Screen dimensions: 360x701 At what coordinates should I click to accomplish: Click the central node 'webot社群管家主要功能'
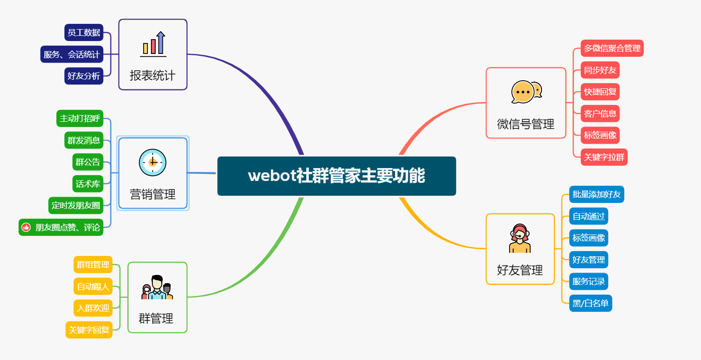pos(336,176)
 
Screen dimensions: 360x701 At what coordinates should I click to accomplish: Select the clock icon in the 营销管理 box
pos(153,162)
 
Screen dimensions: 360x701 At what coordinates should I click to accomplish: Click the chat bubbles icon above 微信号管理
pos(526,92)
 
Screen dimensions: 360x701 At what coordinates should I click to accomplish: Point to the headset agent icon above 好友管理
pos(520,238)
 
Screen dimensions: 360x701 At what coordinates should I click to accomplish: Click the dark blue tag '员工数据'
pos(84,32)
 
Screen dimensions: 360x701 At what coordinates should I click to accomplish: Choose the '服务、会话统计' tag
pos(72,54)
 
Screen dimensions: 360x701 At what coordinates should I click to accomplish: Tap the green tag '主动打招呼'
pos(80,118)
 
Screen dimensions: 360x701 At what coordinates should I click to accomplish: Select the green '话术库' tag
pos(88,183)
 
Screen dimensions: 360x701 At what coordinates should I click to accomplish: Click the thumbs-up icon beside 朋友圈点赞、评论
pos(26,227)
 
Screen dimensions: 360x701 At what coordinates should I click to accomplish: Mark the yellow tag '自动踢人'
pos(93,286)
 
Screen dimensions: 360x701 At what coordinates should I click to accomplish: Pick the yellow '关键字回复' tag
pos(89,330)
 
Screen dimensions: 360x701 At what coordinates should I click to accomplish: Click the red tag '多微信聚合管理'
pos(612,48)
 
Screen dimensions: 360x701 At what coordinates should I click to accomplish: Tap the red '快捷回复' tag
pos(600,92)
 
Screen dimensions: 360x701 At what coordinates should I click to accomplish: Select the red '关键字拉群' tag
pos(604,157)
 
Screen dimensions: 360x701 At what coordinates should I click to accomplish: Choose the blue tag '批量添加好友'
pos(596,194)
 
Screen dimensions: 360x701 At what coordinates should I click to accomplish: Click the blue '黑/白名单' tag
pos(591,303)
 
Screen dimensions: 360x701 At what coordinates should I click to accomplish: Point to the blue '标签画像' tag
pos(589,238)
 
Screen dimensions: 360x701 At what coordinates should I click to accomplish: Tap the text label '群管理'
pos(156,318)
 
